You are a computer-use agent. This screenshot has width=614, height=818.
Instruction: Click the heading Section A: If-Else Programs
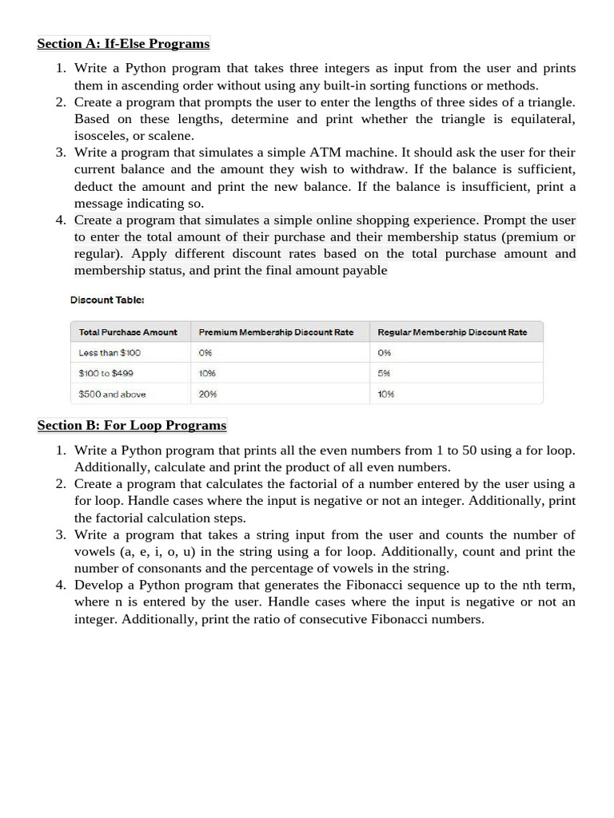[x=123, y=43]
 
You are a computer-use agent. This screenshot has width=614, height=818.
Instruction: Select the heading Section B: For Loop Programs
[x=132, y=425]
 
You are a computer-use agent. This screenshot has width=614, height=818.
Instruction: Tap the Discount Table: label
[x=107, y=300]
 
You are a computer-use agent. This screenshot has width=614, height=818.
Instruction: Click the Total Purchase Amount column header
[x=128, y=332]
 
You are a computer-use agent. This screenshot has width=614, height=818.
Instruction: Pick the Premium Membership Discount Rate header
[x=276, y=332]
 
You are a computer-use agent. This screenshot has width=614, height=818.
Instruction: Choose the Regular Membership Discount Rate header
[x=452, y=332]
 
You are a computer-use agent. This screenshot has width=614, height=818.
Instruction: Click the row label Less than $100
[x=110, y=352]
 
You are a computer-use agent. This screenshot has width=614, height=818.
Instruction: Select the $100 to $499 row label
[x=106, y=373]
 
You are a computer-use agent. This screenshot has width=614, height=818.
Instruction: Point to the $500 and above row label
[x=112, y=394]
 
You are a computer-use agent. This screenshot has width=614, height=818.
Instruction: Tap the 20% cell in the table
[x=208, y=394]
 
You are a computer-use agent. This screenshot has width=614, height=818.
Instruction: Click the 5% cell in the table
[x=384, y=373]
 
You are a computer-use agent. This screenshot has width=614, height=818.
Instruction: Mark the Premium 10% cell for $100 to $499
[x=207, y=373]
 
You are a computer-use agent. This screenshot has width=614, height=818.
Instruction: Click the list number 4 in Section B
[x=60, y=585]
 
